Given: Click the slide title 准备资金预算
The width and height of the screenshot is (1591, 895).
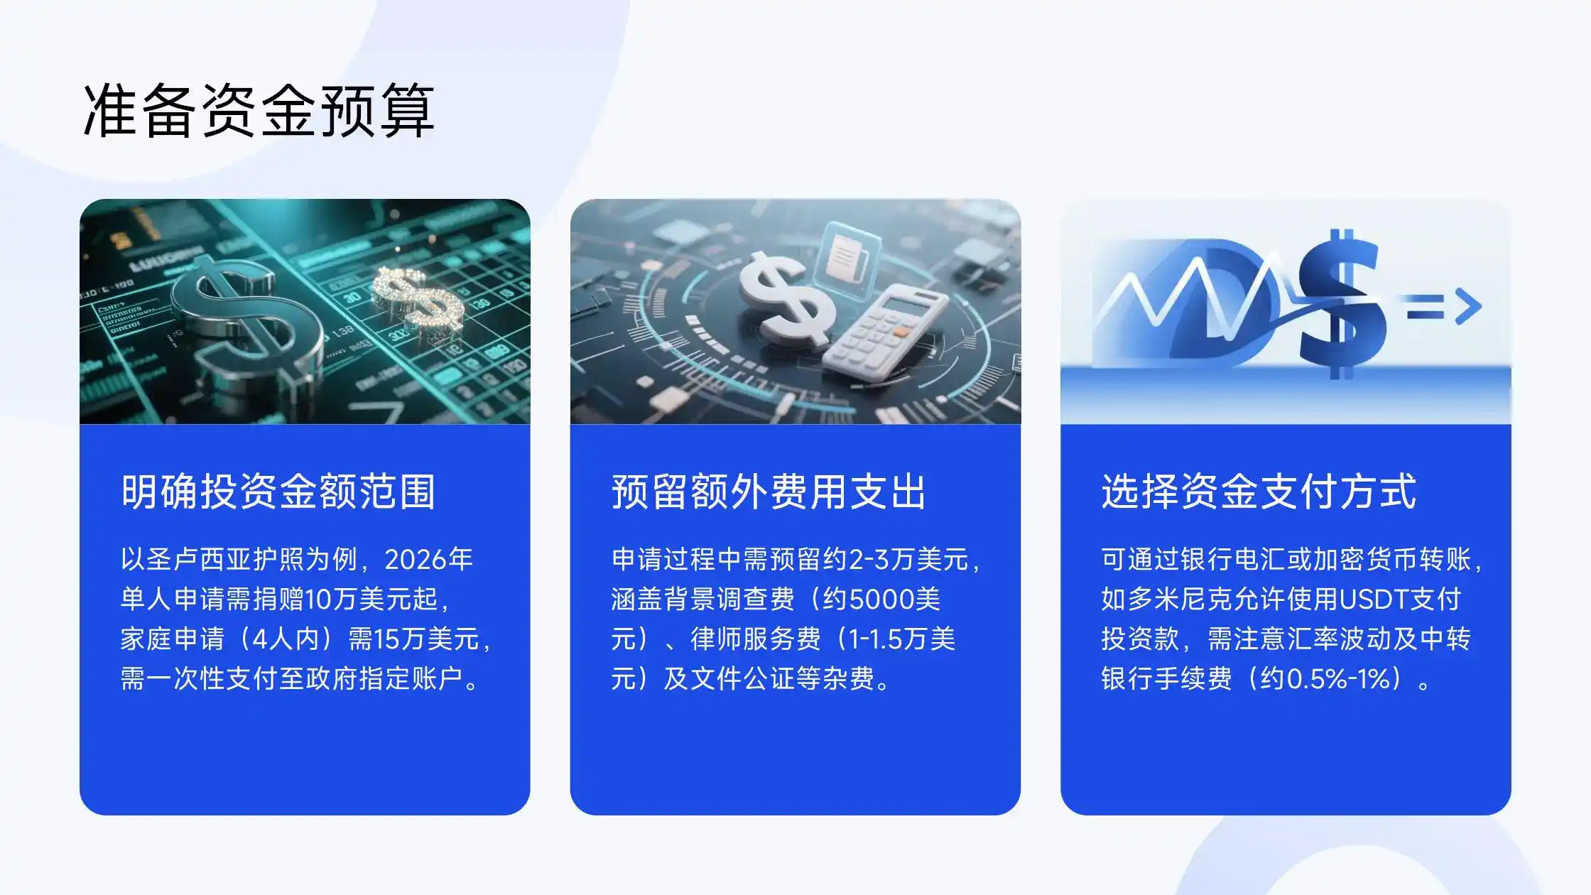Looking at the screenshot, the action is (259, 110).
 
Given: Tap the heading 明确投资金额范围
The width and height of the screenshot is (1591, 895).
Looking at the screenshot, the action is (278, 492).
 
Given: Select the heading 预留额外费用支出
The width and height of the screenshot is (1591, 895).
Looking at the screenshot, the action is (769, 492).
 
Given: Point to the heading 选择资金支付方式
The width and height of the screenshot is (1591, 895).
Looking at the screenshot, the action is (1259, 492).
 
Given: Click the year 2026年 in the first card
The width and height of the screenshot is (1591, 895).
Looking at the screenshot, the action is (429, 560).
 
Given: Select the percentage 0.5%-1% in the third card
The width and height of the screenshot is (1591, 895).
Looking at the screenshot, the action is (1338, 679).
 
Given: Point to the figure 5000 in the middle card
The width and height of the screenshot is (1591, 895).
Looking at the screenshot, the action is (881, 600).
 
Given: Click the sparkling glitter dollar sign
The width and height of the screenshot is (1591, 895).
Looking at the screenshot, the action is (419, 302).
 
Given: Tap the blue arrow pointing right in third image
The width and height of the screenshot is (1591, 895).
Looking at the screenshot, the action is (1445, 307).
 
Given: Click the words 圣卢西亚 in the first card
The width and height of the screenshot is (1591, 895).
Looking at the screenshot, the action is (200, 560).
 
